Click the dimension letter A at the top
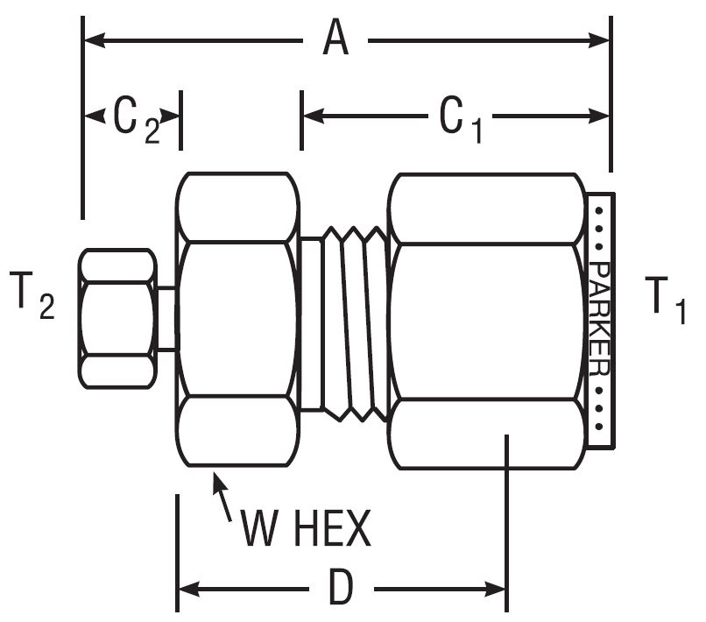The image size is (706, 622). (334, 39)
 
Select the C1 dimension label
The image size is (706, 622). (460, 117)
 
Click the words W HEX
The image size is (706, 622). (306, 528)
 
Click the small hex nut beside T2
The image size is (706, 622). (116, 318)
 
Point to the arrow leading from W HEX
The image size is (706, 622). (223, 494)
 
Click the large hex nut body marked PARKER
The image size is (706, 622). (486, 320)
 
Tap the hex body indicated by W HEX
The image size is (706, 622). (237, 320)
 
